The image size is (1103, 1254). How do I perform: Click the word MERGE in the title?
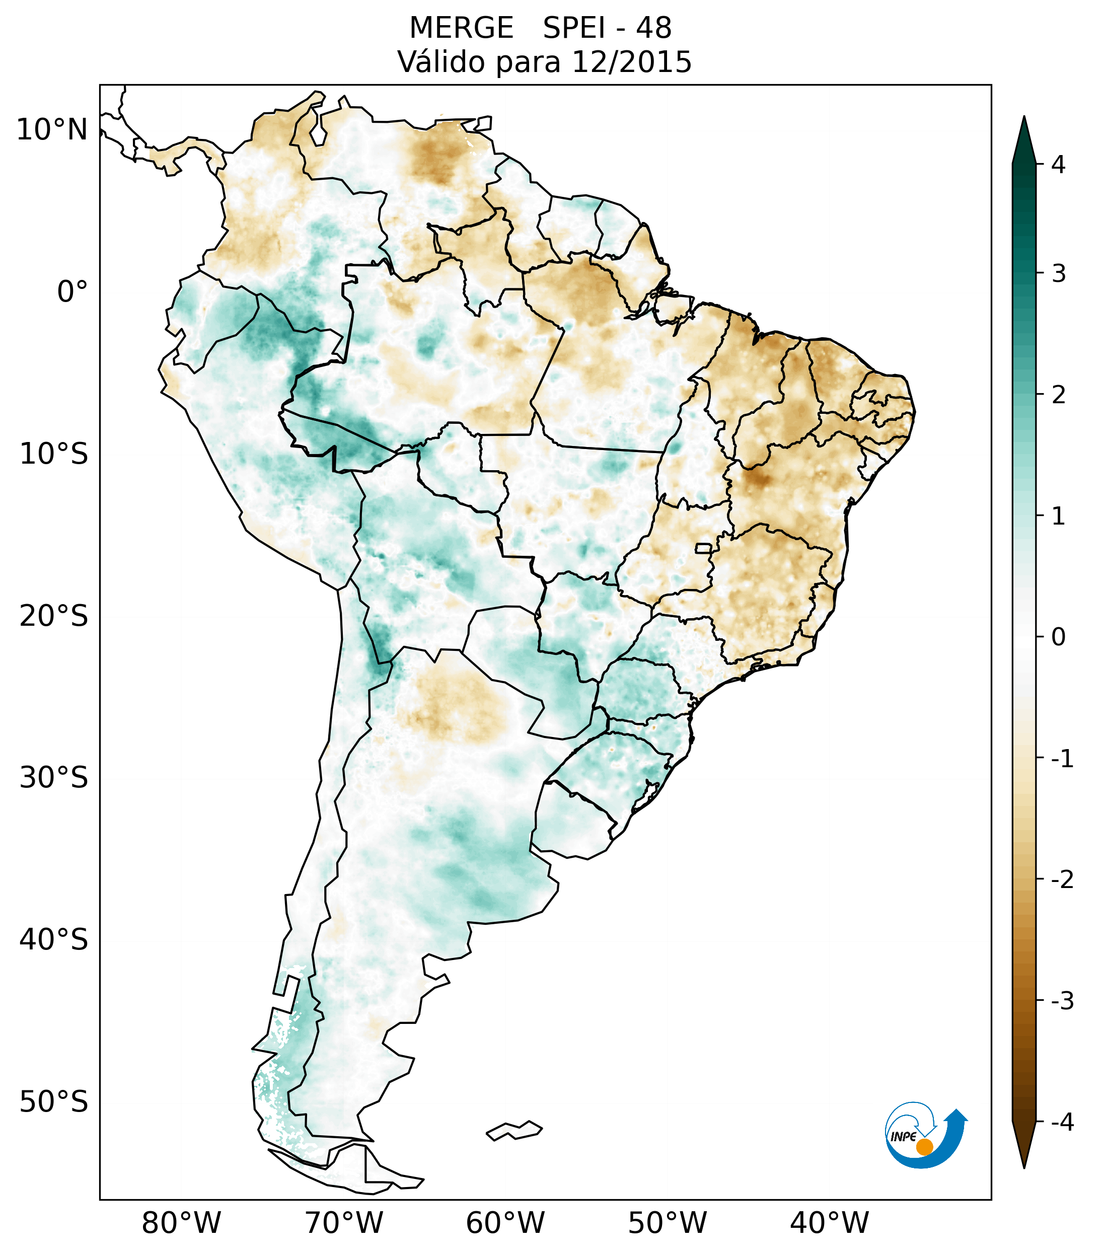pos(461,28)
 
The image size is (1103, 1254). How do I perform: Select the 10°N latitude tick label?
pos(52,130)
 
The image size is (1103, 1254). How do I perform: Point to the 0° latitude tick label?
pos(72,292)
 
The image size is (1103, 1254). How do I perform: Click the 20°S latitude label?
pos(54,615)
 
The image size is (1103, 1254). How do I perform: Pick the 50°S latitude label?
pos(54,1102)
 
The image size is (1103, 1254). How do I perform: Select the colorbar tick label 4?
pos(1058,165)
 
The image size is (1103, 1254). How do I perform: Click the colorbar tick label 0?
pos(1058,637)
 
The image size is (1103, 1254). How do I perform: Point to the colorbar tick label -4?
pos(1062,1122)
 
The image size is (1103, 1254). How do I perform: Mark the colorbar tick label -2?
pos(1062,880)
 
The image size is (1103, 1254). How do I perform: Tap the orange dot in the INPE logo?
pos(924,1147)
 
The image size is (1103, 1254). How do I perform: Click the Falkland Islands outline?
pos(514,1130)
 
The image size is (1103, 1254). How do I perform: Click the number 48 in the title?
pos(653,28)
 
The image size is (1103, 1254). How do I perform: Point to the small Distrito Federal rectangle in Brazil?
pos(704,547)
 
